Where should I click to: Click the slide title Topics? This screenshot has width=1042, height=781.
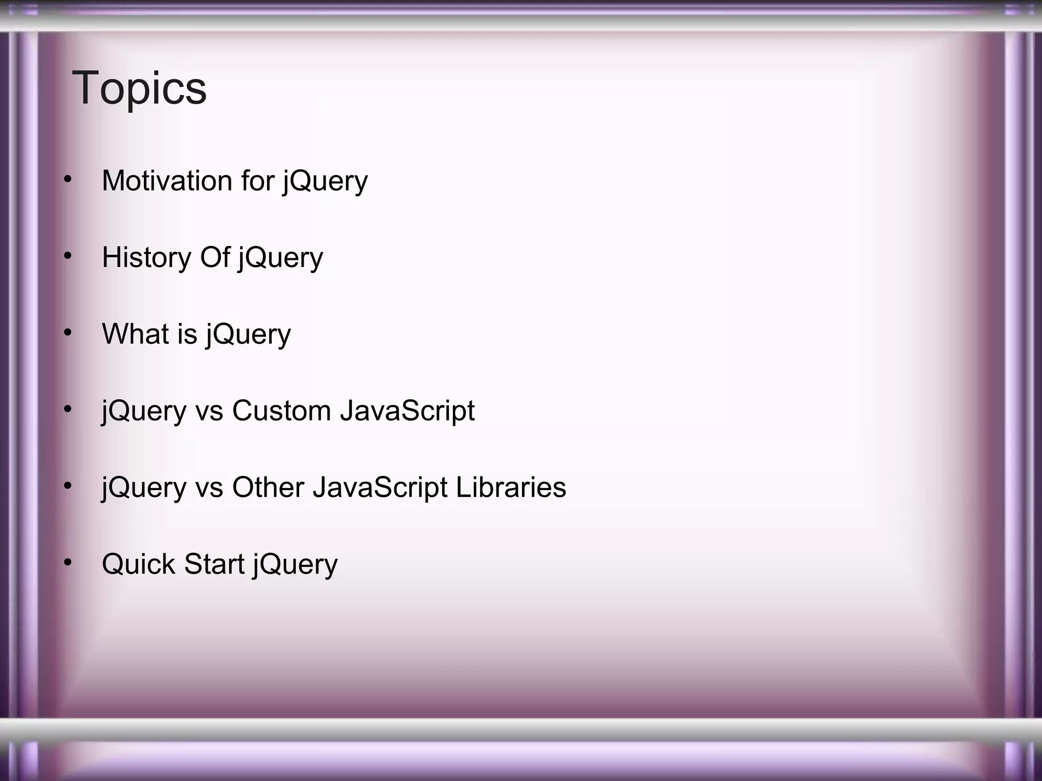coord(139,88)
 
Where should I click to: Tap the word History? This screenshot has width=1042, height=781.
coord(146,257)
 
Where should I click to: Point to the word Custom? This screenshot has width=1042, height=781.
coord(281,411)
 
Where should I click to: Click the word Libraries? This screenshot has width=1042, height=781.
coord(510,488)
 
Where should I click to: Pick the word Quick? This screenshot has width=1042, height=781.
coord(138,564)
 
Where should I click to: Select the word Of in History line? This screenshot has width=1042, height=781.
coord(215,257)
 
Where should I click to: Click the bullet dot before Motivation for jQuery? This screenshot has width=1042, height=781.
coord(68,179)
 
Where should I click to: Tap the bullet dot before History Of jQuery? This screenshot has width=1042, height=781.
coord(68,256)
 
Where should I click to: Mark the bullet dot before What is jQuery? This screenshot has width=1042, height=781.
coord(68,333)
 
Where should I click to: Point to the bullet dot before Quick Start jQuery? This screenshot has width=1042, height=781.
coord(68,562)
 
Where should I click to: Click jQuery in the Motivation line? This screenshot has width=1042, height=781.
coord(326,182)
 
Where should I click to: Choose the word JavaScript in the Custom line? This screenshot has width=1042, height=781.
coord(407,411)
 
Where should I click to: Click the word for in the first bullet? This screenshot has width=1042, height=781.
coord(257,181)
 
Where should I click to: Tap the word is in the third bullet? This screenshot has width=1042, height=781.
coord(187,334)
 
